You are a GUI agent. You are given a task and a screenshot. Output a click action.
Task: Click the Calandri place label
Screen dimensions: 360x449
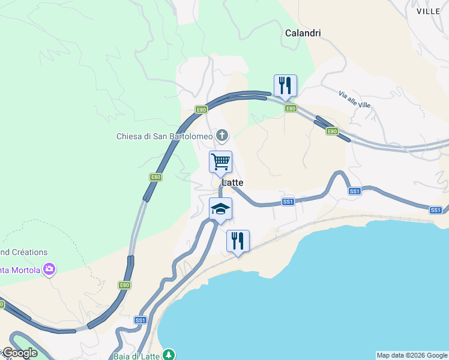(303, 33)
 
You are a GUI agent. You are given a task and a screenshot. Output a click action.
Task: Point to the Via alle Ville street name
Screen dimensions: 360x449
(355, 100)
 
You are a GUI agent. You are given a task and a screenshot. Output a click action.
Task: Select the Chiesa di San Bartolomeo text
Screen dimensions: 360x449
(164, 136)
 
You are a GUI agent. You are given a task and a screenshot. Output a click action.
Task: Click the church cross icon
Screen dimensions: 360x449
(222, 136)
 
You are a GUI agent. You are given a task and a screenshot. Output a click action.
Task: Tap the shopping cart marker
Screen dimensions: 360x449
(220, 161)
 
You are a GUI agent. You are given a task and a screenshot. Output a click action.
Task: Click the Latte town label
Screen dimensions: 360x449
(232, 182)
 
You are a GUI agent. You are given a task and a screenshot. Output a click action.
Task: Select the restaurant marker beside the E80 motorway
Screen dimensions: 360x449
(285, 85)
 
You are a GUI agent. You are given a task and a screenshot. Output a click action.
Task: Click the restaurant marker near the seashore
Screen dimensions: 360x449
(238, 241)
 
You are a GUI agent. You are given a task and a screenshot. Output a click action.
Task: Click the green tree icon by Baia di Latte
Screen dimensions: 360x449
(170, 355)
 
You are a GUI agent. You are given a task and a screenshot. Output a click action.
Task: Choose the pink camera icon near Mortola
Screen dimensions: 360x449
(49, 270)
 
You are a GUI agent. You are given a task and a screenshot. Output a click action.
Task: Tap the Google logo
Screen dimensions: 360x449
(19, 353)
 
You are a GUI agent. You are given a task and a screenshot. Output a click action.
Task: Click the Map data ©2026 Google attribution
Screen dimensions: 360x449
(412, 355)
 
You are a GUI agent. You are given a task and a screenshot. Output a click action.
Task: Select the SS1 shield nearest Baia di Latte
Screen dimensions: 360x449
(140, 320)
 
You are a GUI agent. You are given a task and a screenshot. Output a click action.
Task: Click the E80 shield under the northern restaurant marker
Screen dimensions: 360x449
(291, 109)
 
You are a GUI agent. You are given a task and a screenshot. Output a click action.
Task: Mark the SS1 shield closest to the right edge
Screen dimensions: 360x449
(436, 210)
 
